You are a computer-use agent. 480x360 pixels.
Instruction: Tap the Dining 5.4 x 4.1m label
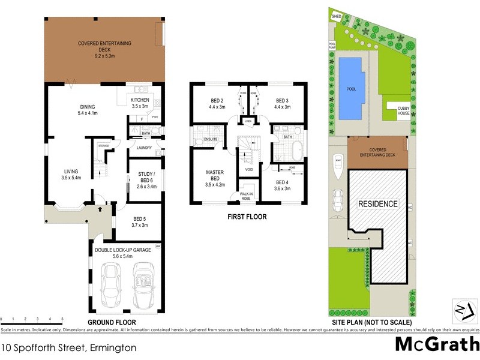(x=88, y=110)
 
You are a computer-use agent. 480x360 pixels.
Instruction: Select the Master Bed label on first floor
(x=215, y=176)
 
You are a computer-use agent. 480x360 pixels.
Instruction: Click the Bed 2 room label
(x=217, y=104)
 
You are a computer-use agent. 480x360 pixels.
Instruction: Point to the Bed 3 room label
(x=283, y=104)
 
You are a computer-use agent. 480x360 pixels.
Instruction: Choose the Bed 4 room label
(x=282, y=185)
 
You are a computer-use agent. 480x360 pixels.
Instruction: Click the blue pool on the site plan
(x=352, y=88)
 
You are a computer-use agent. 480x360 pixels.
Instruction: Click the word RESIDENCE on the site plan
(x=378, y=204)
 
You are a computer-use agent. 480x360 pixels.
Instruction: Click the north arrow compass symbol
(x=461, y=309)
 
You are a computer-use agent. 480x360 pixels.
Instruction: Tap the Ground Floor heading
(x=112, y=322)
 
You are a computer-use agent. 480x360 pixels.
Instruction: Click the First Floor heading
(x=247, y=217)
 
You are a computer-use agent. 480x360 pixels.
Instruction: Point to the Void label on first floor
(x=249, y=170)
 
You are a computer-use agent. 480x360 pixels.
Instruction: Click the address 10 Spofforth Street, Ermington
(x=70, y=347)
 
